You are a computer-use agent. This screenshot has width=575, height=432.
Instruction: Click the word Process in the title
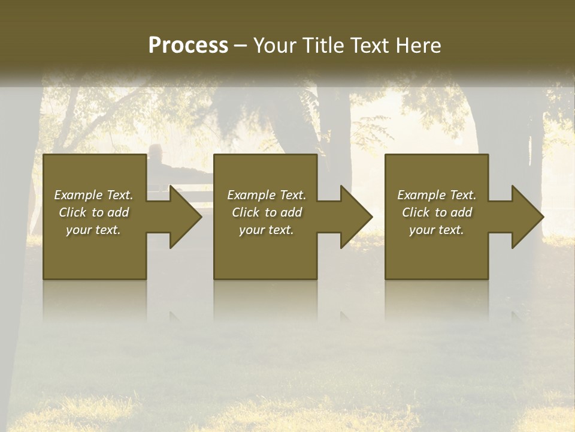[x=188, y=46]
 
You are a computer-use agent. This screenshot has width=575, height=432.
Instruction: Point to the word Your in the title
[x=275, y=46]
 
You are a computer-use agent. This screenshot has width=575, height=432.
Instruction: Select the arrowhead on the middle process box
[x=355, y=217]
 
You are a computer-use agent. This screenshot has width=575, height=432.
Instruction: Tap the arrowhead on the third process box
[x=526, y=217]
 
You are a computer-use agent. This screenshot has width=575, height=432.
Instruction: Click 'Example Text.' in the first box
[x=93, y=194]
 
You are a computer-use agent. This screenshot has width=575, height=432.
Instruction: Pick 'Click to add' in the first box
[x=93, y=212]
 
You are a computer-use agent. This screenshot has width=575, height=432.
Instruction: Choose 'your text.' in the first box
[x=93, y=229]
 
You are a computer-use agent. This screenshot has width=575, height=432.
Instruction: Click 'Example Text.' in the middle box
[x=267, y=194]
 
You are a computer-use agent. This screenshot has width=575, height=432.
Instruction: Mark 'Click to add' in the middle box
[x=267, y=212]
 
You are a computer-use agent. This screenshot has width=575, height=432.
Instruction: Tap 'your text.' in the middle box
[x=267, y=229]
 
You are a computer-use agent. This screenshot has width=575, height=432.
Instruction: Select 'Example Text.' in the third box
[x=437, y=194]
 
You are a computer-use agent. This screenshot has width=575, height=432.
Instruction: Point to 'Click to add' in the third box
[x=437, y=212]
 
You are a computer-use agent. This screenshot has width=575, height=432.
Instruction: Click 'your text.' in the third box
[x=437, y=229]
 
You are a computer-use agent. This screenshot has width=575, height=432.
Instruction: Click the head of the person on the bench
[x=156, y=151]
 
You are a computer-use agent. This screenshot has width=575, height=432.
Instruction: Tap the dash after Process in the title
[x=240, y=46]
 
